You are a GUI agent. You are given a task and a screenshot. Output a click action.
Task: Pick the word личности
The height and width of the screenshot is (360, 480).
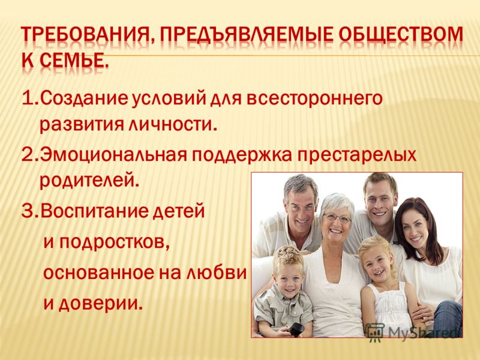[x=172, y=124]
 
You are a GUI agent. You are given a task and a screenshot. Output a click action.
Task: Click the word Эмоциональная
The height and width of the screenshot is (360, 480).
[x=113, y=154]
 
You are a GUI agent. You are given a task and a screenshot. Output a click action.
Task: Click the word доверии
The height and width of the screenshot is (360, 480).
[x=100, y=301]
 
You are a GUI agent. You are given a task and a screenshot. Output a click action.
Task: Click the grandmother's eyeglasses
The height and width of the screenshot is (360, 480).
[x=337, y=218]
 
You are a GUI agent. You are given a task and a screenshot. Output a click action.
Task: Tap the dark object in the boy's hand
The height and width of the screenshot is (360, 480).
[x=296, y=329]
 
